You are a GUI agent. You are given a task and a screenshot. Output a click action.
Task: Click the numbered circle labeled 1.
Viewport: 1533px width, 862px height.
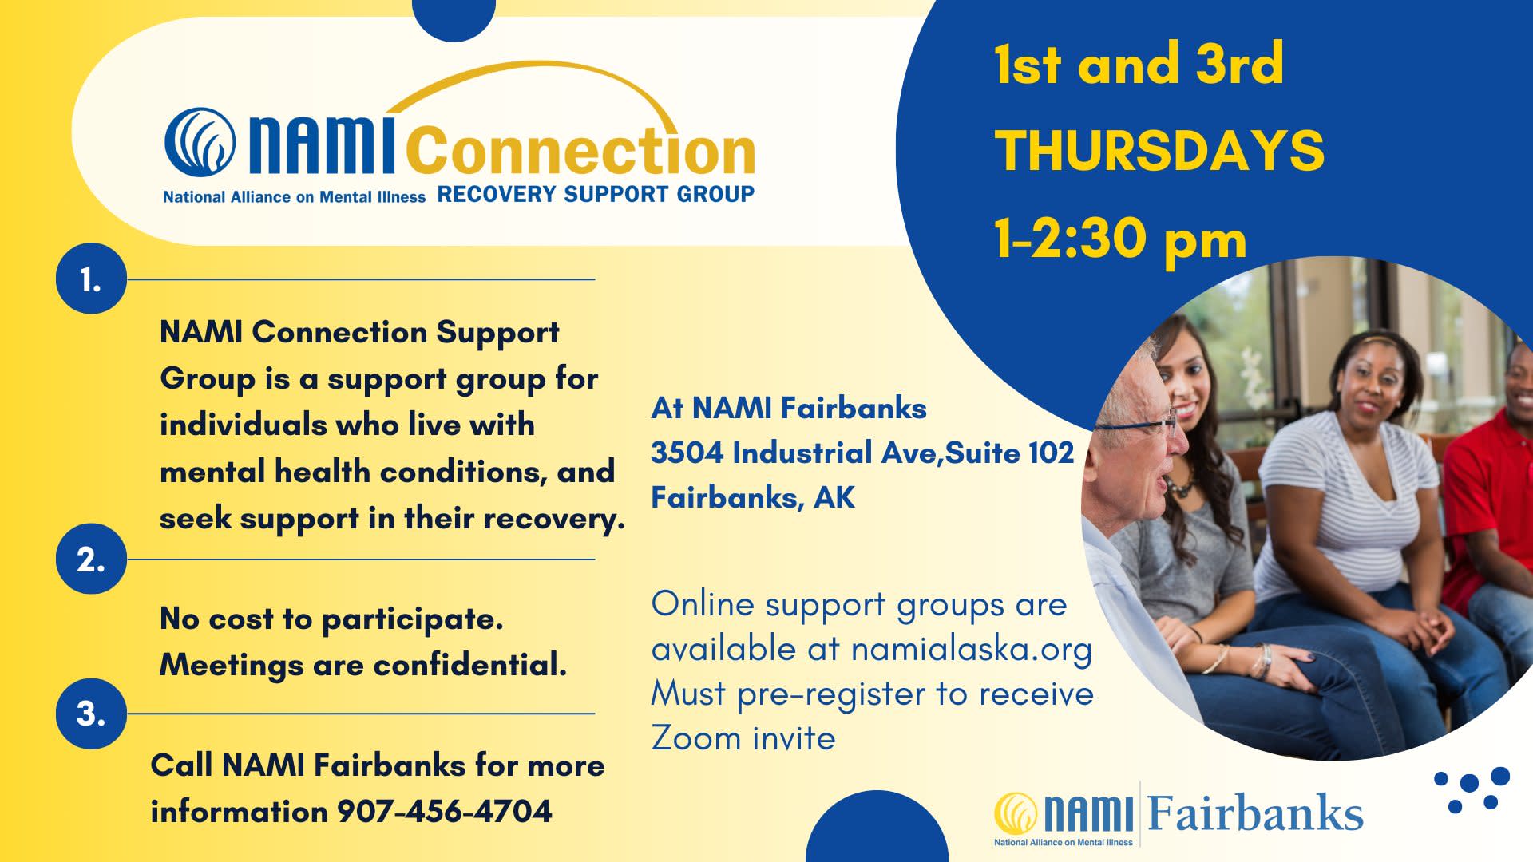point(91,279)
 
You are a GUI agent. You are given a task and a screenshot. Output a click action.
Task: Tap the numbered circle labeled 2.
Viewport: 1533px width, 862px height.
point(91,560)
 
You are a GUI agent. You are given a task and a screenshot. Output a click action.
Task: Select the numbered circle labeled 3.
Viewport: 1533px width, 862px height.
point(91,714)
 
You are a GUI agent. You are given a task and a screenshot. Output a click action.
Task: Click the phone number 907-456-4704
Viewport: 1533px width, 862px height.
point(445,811)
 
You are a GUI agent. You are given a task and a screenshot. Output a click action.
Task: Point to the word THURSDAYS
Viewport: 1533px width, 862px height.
point(1159,150)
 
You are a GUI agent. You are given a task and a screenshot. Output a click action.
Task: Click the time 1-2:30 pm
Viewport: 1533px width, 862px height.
point(1120,239)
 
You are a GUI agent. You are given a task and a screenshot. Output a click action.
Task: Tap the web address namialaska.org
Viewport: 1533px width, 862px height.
point(971,649)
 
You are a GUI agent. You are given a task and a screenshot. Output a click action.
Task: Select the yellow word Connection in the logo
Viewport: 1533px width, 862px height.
point(580,150)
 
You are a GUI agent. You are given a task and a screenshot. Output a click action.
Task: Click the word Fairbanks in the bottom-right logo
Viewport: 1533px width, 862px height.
point(1255,813)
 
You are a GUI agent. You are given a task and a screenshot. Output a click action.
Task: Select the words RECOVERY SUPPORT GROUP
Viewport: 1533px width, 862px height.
point(596,194)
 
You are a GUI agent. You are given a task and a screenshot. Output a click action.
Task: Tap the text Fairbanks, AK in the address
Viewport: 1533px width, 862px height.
point(753,497)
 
